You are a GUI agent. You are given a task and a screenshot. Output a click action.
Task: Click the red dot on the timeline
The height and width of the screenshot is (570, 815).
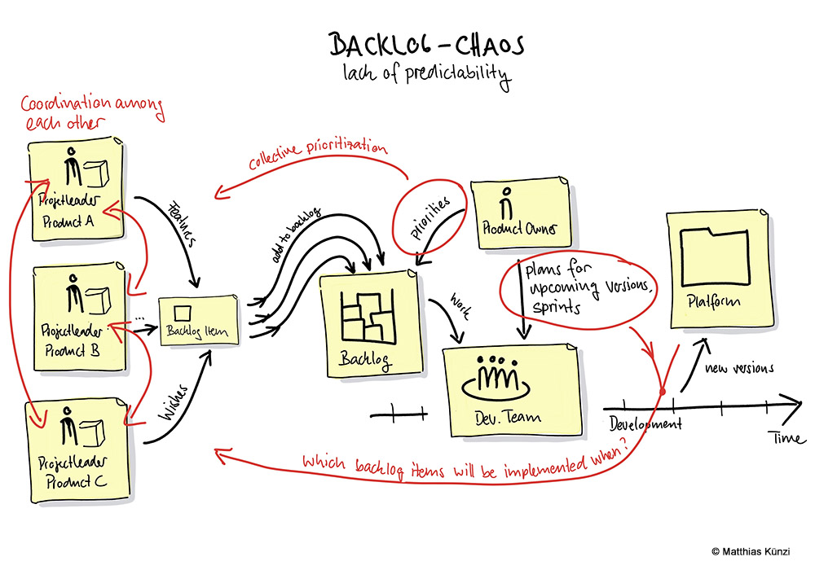coord(663,392)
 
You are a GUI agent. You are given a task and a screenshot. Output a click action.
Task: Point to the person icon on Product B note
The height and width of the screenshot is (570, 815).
coord(74,296)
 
